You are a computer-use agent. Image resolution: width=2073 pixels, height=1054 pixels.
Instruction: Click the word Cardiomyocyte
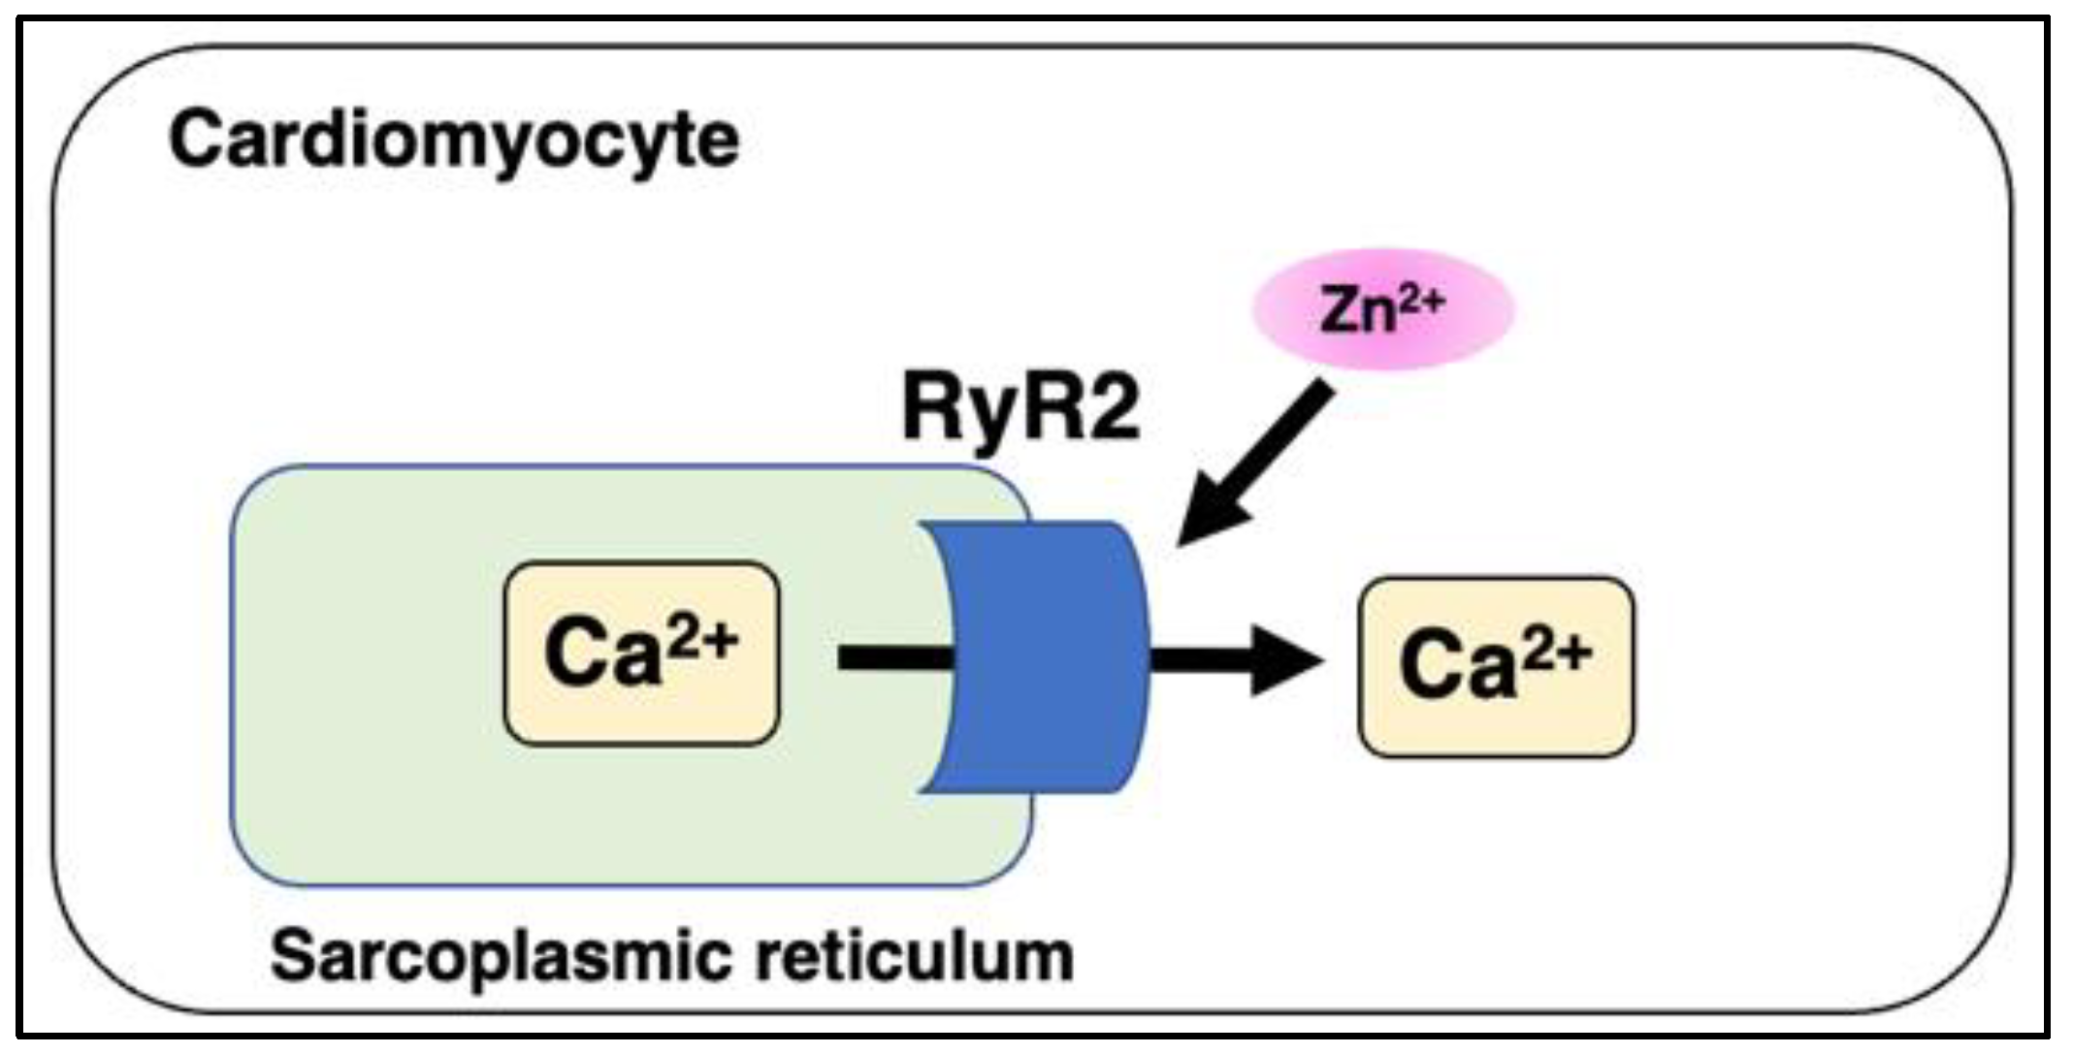tap(454, 142)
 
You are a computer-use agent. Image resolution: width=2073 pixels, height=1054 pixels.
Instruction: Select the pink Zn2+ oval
tap(1383, 309)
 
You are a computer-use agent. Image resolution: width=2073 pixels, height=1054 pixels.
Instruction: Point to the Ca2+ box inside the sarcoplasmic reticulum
tap(641, 654)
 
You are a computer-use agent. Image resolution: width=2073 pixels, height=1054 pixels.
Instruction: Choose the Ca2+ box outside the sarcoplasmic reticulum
tap(1496, 667)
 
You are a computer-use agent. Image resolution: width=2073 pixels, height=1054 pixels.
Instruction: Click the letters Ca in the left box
tap(601, 655)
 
